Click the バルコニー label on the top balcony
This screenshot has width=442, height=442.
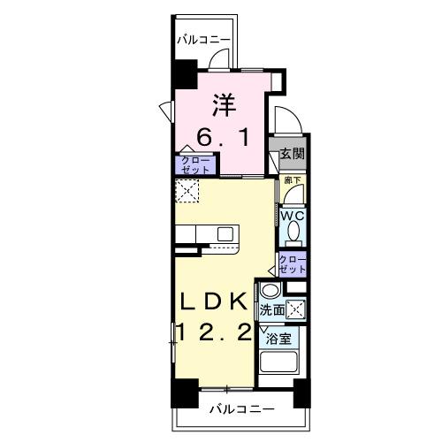(x=203, y=40)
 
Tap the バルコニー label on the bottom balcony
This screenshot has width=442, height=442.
(x=241, y=409)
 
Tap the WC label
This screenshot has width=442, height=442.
(x=293, y=214)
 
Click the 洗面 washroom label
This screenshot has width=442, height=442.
(x=272, y=309)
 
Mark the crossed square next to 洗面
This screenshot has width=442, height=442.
(x=299, y=309)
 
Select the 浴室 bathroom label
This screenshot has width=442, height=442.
(x=278, y=339)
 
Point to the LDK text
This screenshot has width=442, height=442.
(x=214, y=301)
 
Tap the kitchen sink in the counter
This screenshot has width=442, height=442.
(x=225, y=233)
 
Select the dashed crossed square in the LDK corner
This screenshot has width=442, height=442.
(x=187, y=190)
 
